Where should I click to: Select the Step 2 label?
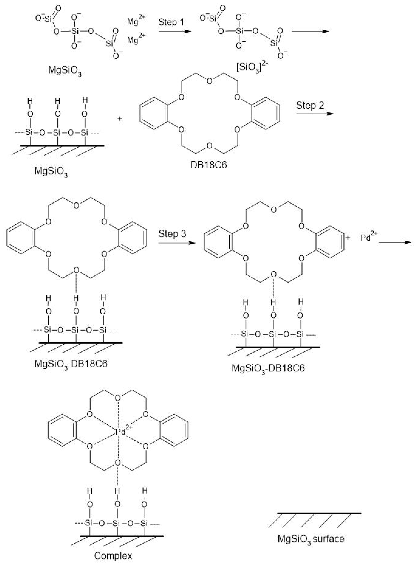point(310,105)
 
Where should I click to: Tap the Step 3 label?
point(172,234)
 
